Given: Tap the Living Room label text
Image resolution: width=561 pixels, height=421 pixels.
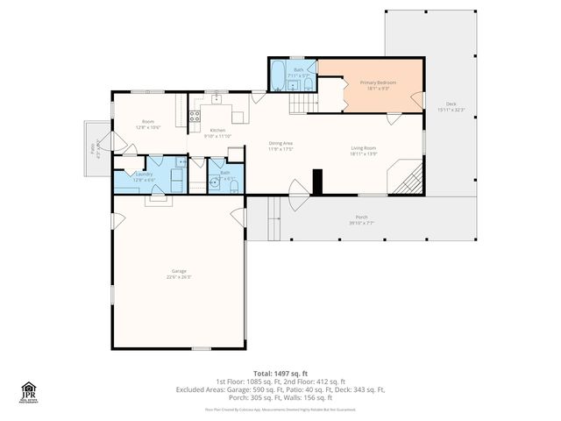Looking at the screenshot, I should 363,150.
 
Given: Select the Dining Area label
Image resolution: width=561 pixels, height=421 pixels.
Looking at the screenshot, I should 280,146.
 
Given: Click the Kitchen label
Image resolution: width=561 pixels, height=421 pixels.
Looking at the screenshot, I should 217,133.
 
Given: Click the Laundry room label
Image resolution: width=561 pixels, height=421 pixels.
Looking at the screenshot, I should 144,176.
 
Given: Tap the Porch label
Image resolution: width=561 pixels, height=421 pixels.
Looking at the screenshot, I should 361,219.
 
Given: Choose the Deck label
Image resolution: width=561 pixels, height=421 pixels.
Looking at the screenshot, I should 451,106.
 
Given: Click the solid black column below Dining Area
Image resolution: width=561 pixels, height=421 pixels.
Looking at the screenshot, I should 318,181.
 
